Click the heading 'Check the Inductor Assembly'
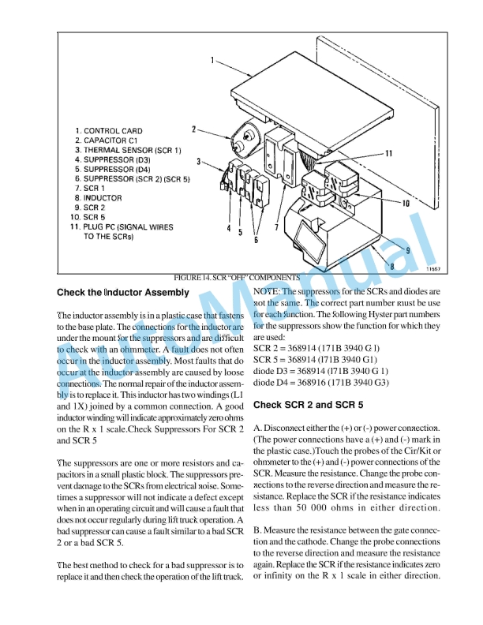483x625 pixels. pyautogui.click(x=123, y=293)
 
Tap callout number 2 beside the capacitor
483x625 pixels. pyautogui.click(x=193, y=128)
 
